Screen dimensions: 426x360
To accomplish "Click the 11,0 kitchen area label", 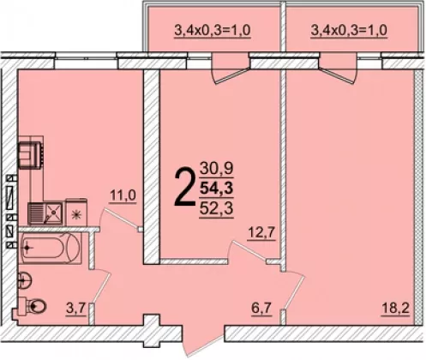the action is click(x=123, y=196).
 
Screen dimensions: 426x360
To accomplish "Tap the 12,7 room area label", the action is click(x=261, y=233).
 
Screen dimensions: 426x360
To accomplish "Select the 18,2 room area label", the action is click(x=396, y=309).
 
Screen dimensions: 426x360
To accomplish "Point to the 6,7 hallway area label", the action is click(x=261, y=309).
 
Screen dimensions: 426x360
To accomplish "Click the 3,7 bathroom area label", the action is click(x=75, y=309).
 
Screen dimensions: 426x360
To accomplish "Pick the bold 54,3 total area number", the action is click(x=216, y=189).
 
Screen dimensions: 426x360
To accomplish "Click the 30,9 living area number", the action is click(x=216, y=169).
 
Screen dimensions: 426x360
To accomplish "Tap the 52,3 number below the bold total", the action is click(x=216, y=209).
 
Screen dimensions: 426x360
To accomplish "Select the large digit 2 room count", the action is click(x=183, y=187).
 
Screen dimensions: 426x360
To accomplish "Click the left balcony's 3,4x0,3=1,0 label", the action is click(x=213, y=30).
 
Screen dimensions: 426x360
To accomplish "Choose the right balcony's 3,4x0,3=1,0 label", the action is click(x=349, y=30).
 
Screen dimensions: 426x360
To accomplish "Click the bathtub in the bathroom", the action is click(x=51, y=248).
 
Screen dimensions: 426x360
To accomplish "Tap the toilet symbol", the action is click(x=33, y=306).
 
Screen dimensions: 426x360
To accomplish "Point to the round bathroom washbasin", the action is click(x=25, y=280).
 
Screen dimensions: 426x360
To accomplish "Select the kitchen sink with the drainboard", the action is click(x=45, y=213).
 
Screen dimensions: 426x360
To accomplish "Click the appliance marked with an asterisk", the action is click(x=76, y=212).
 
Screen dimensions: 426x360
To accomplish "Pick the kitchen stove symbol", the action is click(x=31, y=154).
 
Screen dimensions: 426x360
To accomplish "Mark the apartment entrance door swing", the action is click(x=203, y=342).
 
